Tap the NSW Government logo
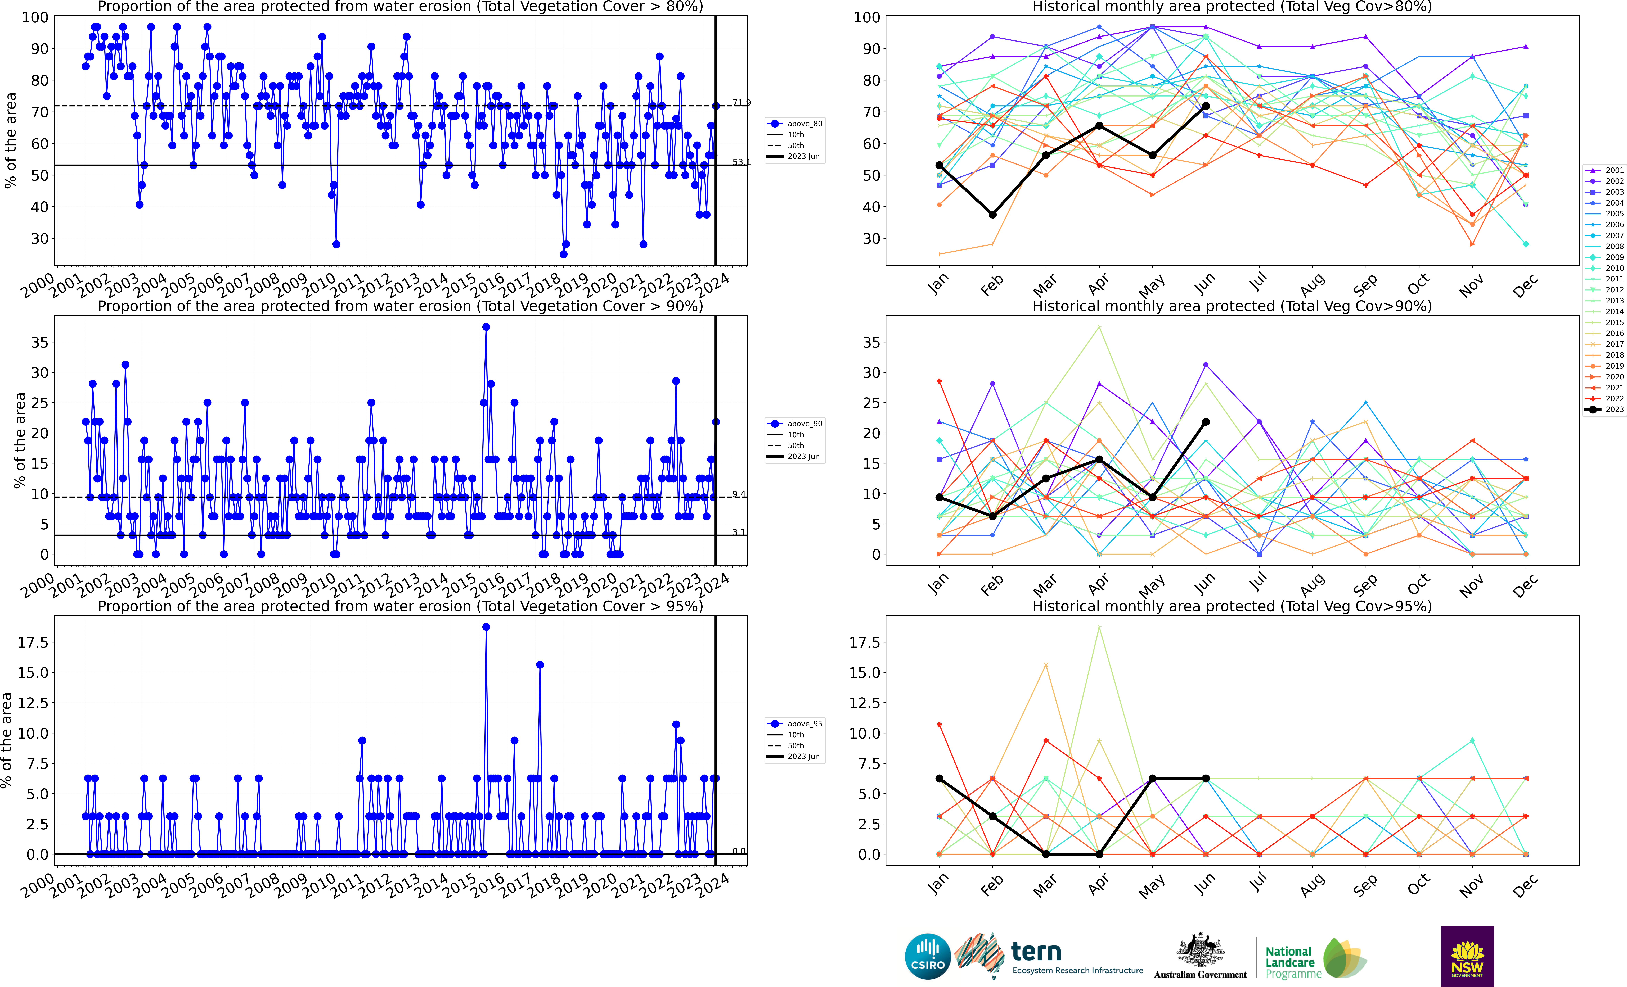pyautogui.click(x=1467, y=956)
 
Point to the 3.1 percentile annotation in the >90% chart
pyautogui.click(x=739, y=532)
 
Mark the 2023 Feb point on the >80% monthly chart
pyautogui.click(x=992, y=215)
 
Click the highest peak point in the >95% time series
pyautogui.click(x=486, y=627)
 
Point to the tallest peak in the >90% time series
pyautogui.click(x=486, y=327)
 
